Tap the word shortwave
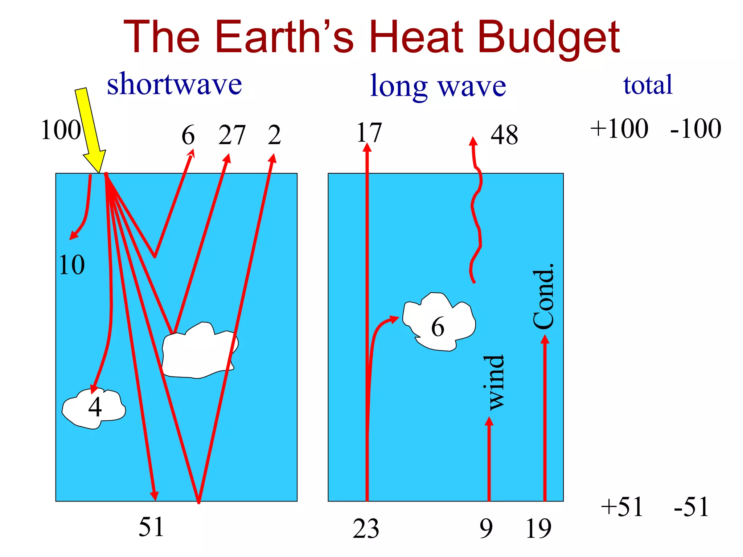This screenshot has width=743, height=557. point(174,84)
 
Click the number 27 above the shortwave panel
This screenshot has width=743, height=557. point(232,135)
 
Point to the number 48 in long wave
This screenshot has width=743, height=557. point(504,135)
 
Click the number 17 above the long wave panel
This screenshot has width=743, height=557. point(369,133)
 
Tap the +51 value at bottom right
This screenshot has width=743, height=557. point(622,507)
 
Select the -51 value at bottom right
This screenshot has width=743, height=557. point(691,507)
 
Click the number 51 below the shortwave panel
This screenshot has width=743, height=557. point(151,527)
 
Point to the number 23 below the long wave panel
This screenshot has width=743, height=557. point(366,529)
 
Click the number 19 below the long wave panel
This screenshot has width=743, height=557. point(538,529)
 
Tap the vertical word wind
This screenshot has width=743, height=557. point(494,383)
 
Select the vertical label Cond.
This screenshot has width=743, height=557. point(543,297)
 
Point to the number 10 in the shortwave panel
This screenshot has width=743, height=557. point(72,265)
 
